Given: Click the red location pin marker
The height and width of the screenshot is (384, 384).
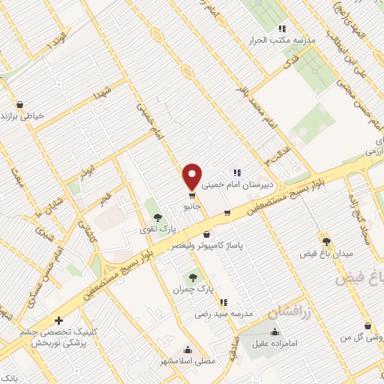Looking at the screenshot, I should click(x=193, y=176).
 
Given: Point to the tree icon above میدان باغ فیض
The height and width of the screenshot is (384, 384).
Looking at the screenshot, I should click(x=325, y=240).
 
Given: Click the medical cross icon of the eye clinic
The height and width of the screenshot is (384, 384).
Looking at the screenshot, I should click(x=59, y=320).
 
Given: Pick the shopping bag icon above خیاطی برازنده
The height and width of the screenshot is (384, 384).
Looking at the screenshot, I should click(x=19, y=104).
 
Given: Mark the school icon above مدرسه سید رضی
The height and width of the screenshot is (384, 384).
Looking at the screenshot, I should click(x=223, y=302).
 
